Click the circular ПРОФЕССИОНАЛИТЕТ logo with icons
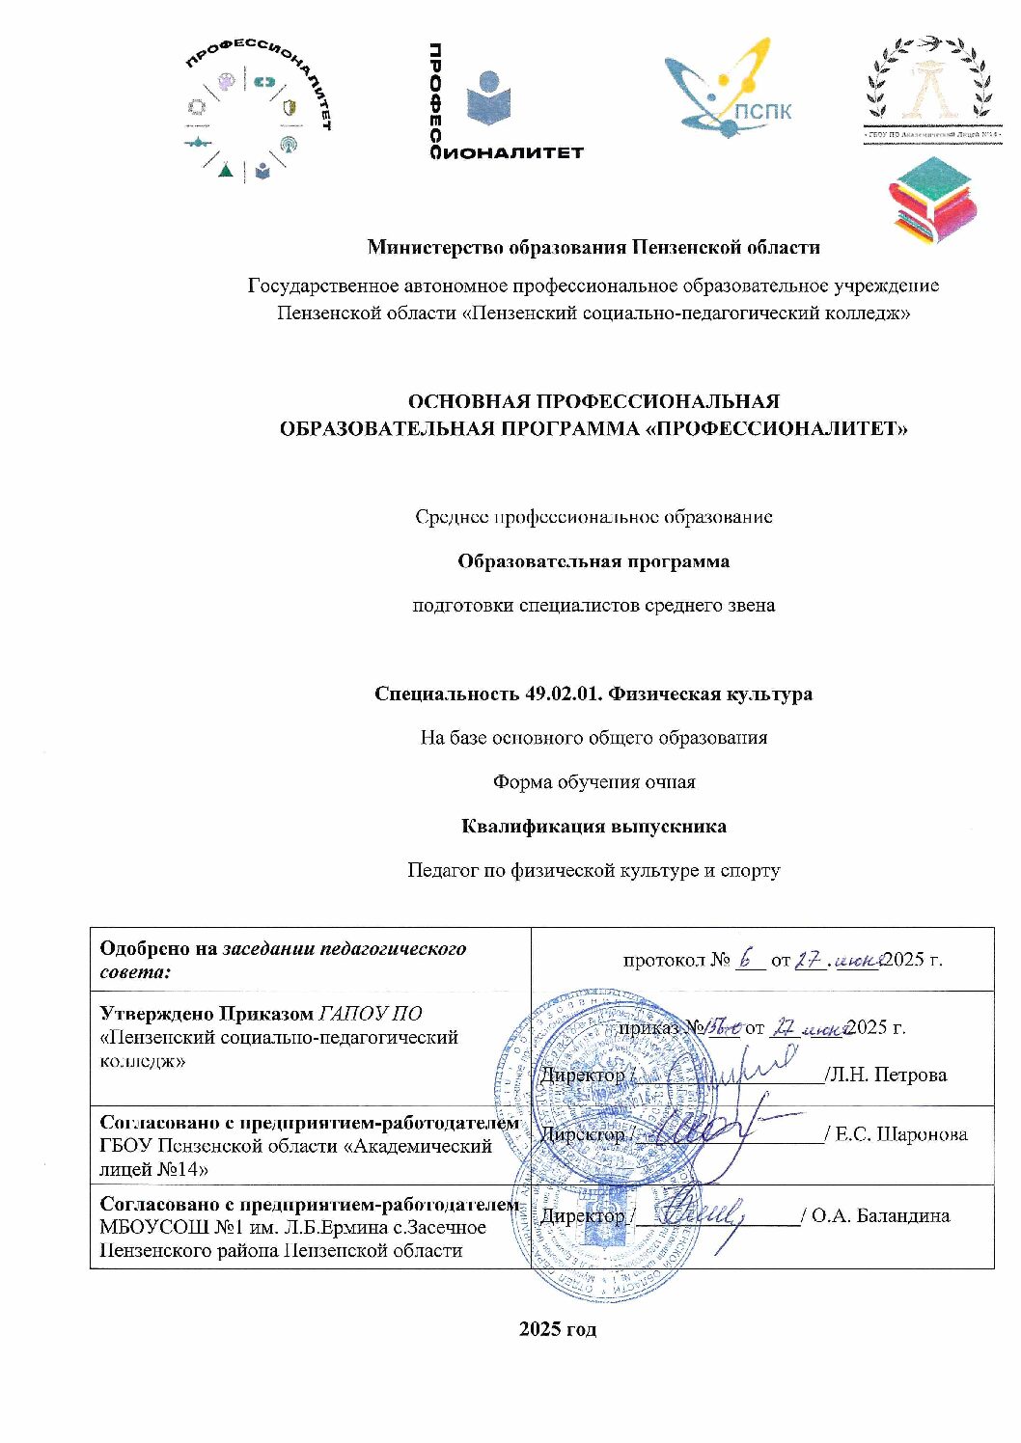[258, 113]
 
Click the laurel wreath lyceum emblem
[928, 88]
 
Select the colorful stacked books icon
[931, 201]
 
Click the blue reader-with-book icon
[489, 99]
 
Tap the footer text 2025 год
[558, 1328]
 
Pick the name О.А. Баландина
[880, 1215]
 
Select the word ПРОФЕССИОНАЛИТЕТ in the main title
[777, 428]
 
